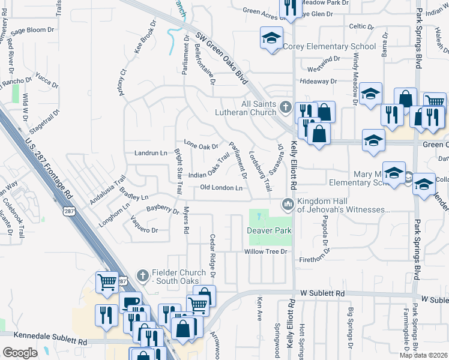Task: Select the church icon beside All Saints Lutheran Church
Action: point(285,107)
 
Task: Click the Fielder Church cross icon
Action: point(142,276)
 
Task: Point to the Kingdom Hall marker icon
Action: point(288,205)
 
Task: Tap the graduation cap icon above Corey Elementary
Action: point(271,38)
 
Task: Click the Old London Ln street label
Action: point(221,188)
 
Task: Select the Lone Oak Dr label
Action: point(200,145)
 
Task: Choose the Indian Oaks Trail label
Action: point(209,167)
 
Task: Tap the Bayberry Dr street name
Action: point(163,210)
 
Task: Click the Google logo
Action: point(20,353)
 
